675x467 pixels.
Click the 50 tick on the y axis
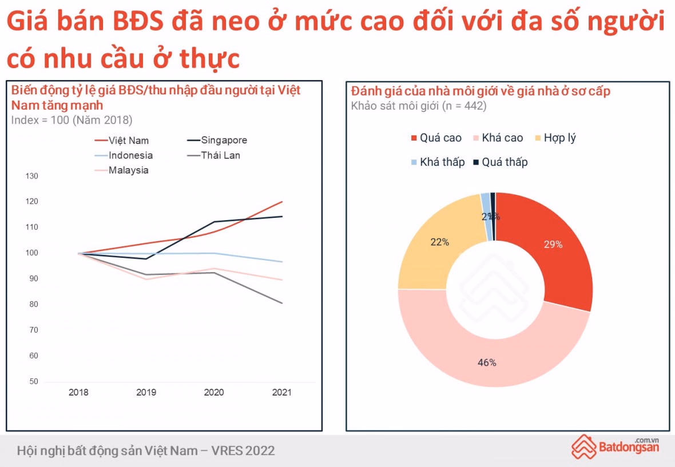click(x=33, y=381)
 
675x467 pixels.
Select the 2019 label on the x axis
click(x=146, y=393)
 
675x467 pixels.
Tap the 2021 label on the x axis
click(x=281, y=393)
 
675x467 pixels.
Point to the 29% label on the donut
click(x=553, y=245)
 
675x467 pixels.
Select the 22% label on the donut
click(x=439, y=242)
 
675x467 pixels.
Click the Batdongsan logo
click(x=616, y=446)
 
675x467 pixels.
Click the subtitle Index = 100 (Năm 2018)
click(x=72, y=120)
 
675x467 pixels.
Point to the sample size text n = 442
click(x=464, y=106)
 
